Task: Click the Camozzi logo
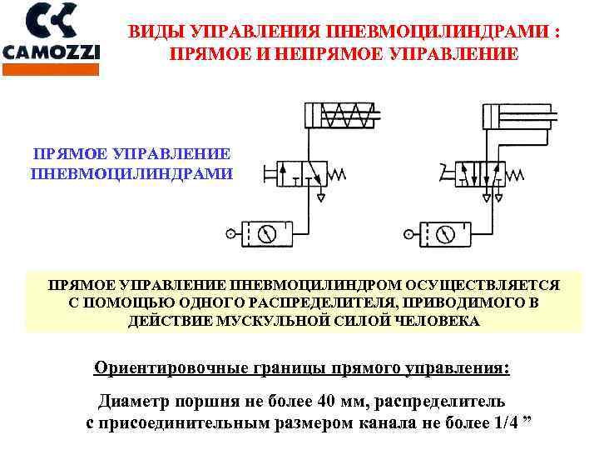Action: click(x=51, y=33)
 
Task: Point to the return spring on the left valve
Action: click(x=339, y=175)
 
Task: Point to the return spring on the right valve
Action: click(x=517, y=175)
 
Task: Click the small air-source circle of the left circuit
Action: click(x=230, y=234)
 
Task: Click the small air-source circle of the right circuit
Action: click(x=408, y=234)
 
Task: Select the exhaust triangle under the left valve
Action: click(x=320, y=197)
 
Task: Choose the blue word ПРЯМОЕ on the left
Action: click(x=70, y=154)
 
